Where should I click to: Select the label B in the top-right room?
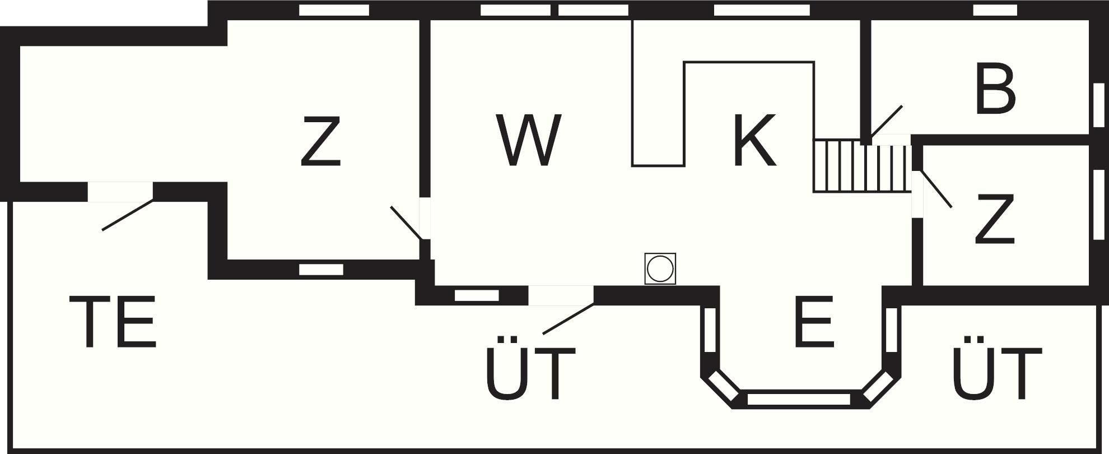tap(995, 90)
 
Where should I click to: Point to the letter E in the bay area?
tap(814, 322)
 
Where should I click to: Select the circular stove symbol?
tap(660, 268)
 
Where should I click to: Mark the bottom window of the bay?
tap(799, 400)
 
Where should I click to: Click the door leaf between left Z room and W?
tap(406, 223)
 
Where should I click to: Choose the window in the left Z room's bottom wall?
tap(321, 270)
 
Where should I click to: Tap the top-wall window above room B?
tap(995, 10)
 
